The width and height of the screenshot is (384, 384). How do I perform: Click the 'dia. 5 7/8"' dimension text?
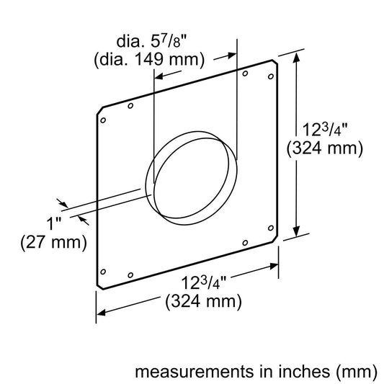(148, 41)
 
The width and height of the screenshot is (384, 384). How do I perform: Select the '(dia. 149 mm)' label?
(148, 58)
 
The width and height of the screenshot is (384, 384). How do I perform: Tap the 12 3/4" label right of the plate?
(323, 131)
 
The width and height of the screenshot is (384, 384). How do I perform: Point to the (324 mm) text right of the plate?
(324, 149)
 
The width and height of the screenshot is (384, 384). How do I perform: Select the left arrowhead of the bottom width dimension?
(101, 312)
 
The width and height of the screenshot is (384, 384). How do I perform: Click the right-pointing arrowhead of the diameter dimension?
(233, 54)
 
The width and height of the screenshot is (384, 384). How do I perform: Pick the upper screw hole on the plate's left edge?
(103, 120)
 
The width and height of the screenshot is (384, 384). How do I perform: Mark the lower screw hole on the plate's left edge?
(103, 272)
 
